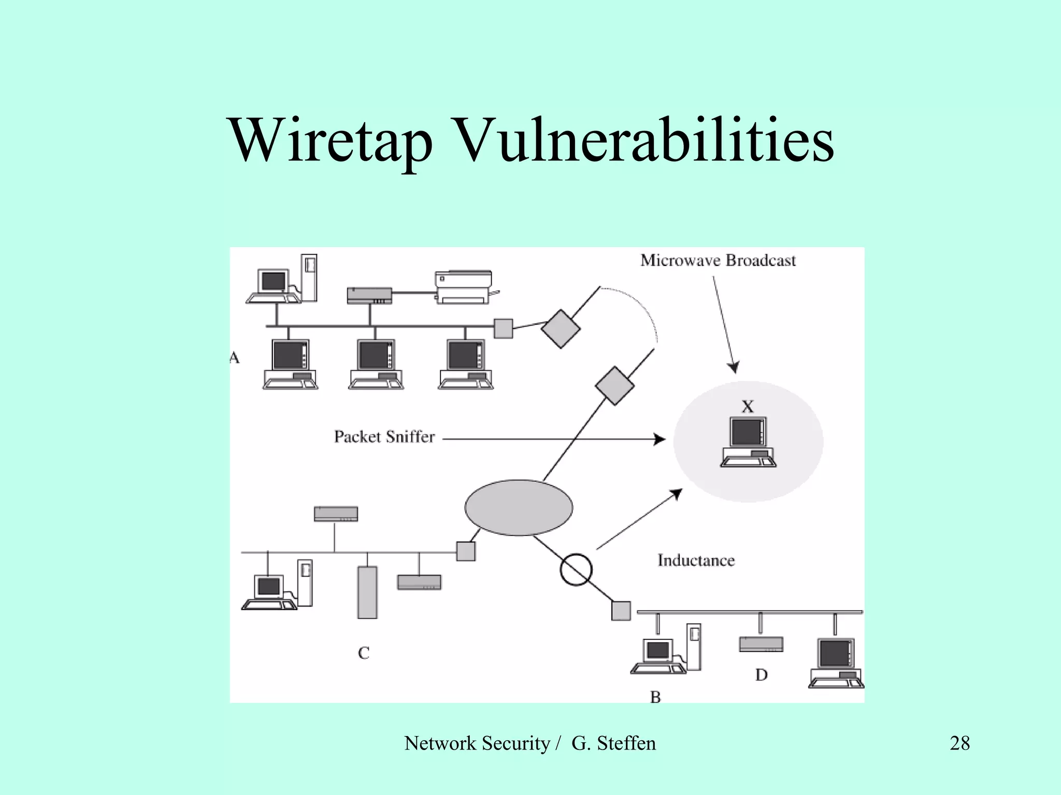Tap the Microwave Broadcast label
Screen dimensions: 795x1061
pos(718,260)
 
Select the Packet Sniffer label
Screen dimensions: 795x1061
pos(384,437)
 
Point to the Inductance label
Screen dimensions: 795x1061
pos(696,560)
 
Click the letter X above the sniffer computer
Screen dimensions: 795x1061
pos(748,407)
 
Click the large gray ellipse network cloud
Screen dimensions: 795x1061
pos(519,507)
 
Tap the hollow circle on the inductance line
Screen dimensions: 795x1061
pos(576,569)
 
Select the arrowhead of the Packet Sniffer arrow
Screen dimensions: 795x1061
pos(660,439)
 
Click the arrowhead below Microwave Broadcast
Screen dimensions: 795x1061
pos(734,367)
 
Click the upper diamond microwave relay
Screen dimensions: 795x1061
pos(561,329)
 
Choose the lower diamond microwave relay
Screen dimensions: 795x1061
pos(614,386)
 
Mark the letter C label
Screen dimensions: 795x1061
pos(364,653)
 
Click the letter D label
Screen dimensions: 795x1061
pos(761,675)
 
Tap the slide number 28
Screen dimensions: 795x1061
pos(959,743)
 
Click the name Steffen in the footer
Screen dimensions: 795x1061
pos(626,743)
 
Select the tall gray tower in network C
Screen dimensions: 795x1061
pos(367,592)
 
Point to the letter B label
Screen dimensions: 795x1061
pos(655,698)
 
